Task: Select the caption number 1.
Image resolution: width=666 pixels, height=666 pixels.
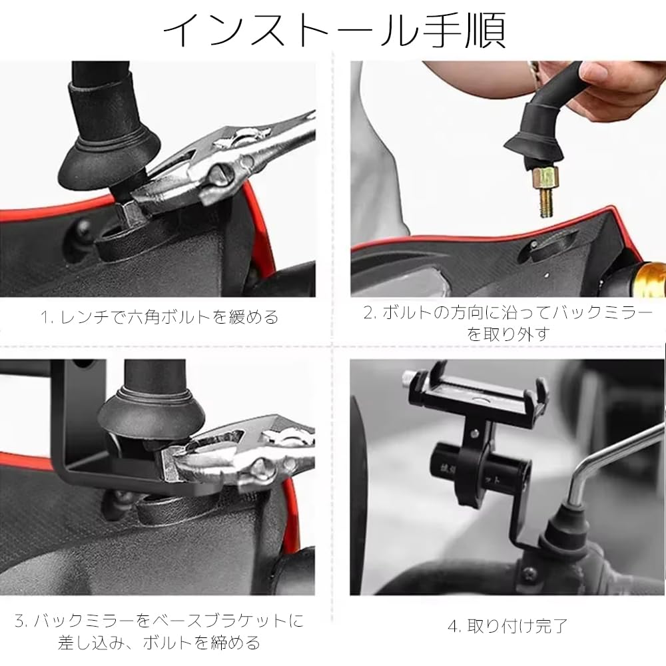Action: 46,317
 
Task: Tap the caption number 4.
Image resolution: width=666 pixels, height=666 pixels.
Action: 453,626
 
